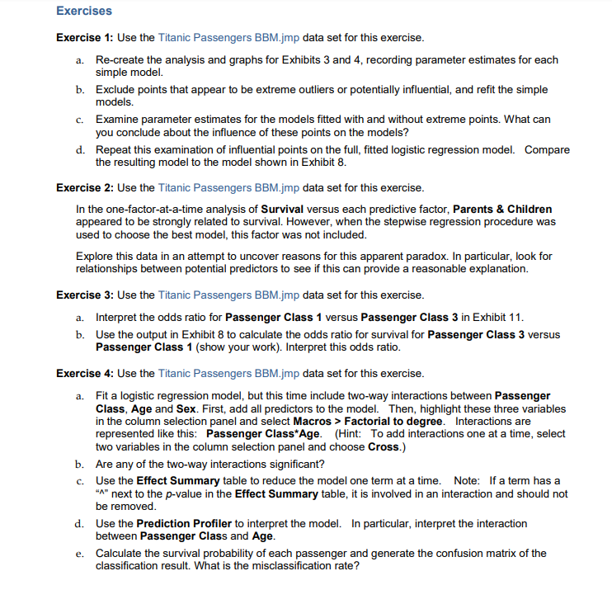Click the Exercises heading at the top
83,12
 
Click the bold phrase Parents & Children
502,209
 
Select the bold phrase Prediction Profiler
181,523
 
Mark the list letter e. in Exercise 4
80,553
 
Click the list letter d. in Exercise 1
80,150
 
